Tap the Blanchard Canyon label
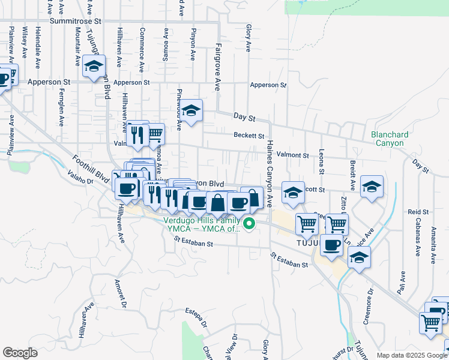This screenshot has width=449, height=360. click(390, 139)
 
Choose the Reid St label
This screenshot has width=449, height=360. click(418, 212)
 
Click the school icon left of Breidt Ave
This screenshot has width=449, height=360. click(372, 187)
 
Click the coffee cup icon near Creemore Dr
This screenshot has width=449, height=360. click(331, 245)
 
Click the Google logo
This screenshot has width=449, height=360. click(20, 353)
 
